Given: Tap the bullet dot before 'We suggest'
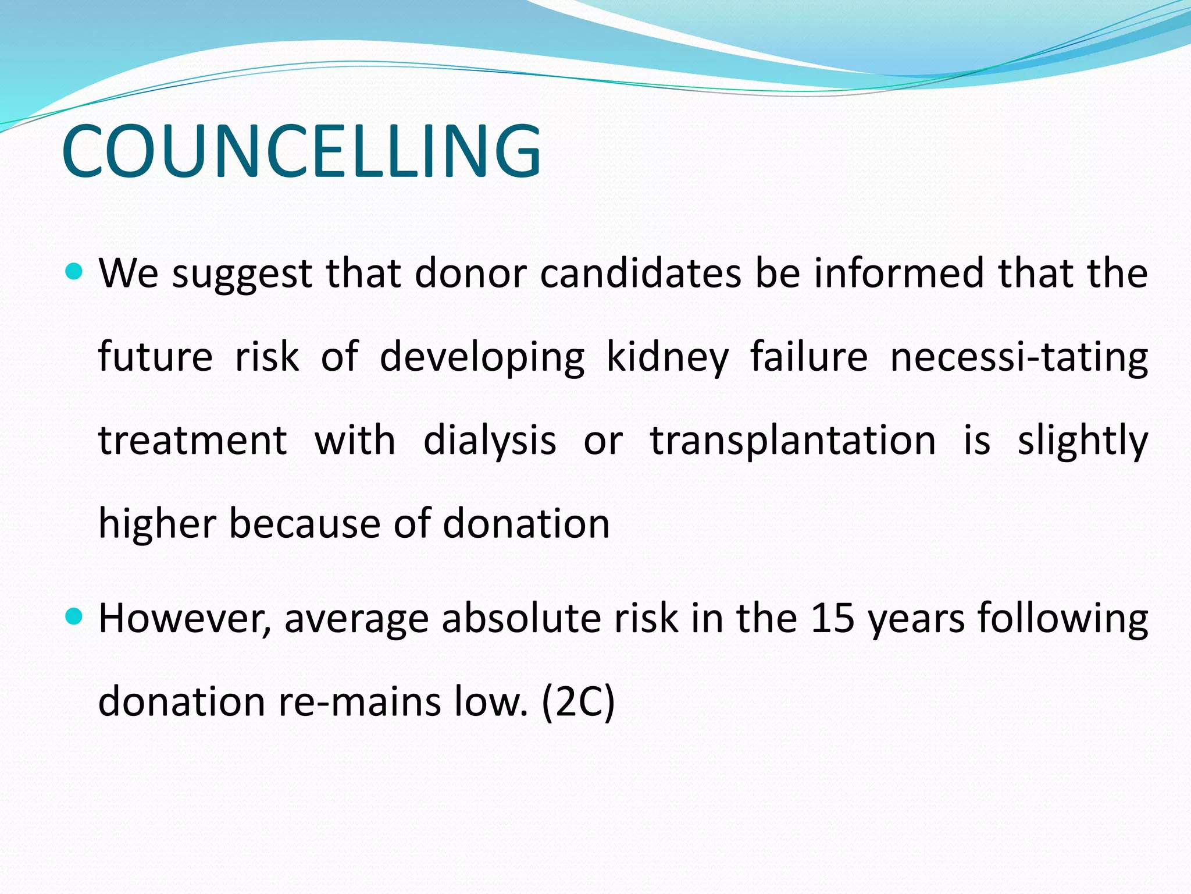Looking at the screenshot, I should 74,271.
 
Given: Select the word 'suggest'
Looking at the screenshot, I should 242,274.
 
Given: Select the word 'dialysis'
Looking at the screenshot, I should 490,441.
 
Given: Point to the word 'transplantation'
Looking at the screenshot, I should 793,441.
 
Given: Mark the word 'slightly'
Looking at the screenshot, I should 1082,441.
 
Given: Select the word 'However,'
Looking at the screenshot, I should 184,618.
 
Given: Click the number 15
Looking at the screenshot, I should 832,618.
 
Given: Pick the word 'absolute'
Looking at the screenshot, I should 522,618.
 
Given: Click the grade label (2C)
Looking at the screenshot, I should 577,702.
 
